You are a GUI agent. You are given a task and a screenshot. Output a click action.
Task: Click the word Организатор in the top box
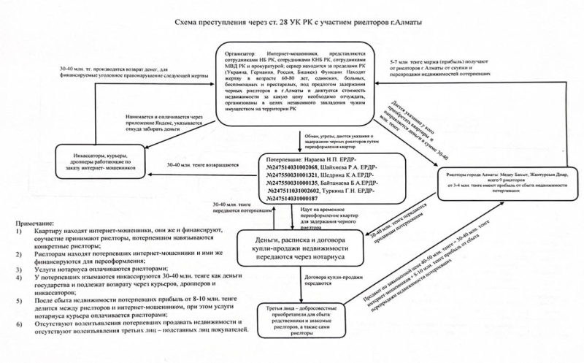pyautogui.click(x=248, y=53)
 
